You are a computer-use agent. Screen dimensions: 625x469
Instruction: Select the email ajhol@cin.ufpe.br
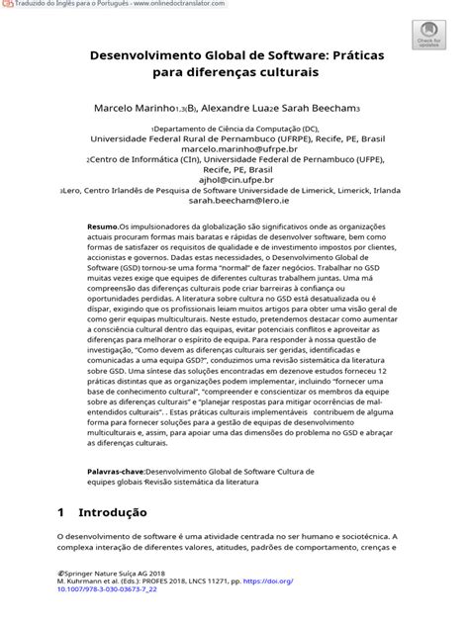pos(235,180)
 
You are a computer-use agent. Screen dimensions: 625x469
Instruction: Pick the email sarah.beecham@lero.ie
pos(235,201)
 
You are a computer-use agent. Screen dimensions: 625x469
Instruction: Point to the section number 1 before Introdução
pos(60,513)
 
